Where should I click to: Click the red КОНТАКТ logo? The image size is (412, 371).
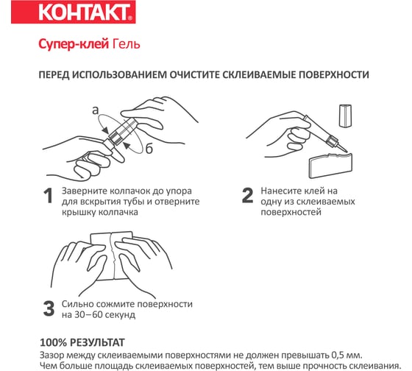[x=74, y=12]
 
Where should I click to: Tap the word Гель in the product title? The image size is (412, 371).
[x=126, y=44]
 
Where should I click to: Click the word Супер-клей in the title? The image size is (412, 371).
[x=74, y=44]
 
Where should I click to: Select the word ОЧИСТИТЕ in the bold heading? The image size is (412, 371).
[x=194, y=74]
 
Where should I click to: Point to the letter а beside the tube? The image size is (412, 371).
[x=96, y=110]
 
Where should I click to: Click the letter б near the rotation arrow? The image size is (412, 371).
[x=149, y=149]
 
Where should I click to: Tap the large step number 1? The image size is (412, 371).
[x=49, y=196]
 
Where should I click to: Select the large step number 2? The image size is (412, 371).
[x=247, y=196]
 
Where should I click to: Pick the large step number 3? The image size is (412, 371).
[x=49, y=308]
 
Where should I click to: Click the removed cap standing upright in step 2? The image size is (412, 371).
[x=345, y=116]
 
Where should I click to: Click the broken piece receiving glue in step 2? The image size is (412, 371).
[x=330, y=165]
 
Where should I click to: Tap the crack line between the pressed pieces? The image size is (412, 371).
[x=113, y=256]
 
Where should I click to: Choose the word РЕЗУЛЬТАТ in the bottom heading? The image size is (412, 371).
[x=97, y=343]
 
